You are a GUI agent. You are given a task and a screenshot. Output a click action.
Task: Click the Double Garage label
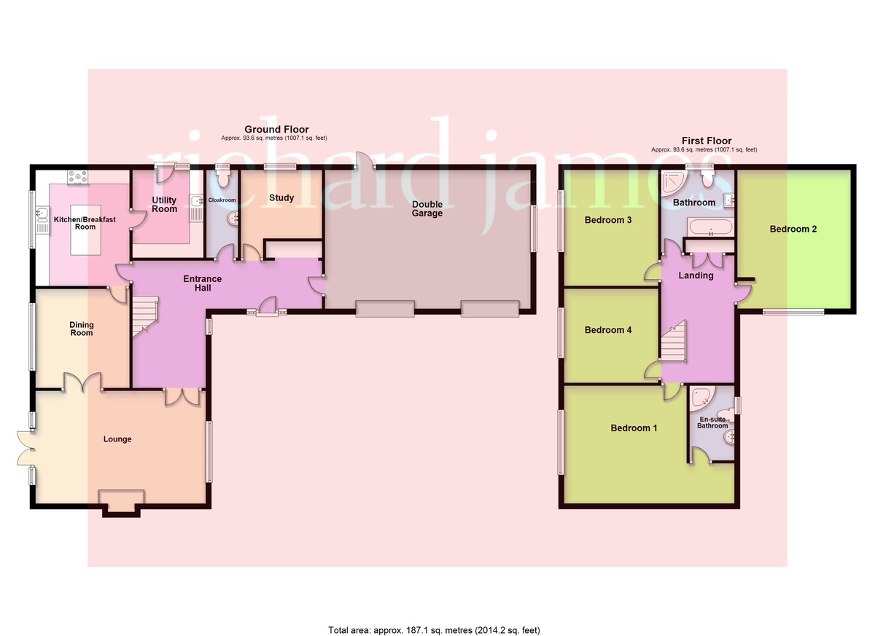(x=427, y=209)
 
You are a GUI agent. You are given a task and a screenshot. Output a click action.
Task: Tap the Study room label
(x=281, y=197)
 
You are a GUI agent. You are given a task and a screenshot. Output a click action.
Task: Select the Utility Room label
(x=165, y=204)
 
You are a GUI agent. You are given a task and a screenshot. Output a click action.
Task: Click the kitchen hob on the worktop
(x=78, y=176)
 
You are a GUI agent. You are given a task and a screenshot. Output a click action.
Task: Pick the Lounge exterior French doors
(x=24, y=446)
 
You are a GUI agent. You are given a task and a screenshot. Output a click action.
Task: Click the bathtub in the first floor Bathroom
(x=709, y=228)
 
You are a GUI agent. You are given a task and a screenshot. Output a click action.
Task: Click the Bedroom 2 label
(x=793, y=229)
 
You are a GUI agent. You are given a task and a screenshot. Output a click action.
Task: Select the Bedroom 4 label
(x=608, y=330)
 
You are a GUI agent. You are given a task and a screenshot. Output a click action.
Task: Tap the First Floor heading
(x=706, y=141)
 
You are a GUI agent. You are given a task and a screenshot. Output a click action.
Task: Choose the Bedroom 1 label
(x=634, y=428)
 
